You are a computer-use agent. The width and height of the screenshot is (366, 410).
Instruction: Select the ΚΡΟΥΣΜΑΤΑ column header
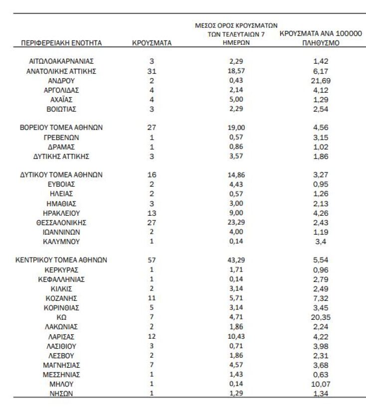coord(152,43)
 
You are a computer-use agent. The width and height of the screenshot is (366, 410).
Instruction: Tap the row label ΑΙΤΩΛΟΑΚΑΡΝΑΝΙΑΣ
coord(61,61)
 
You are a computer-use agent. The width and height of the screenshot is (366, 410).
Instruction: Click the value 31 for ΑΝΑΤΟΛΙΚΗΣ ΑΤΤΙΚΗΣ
coord(152,71)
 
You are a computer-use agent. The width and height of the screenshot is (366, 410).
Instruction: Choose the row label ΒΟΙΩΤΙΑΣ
coord(61,109)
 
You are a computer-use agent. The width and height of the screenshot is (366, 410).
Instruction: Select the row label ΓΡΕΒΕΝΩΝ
coord(61,137)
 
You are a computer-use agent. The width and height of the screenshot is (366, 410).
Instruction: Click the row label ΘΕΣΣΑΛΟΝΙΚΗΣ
coord(61,222)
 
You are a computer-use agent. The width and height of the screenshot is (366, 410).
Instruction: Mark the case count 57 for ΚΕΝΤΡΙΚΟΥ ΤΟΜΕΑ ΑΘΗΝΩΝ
coord(152,260)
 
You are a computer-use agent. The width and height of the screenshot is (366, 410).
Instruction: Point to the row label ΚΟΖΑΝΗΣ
coord(61,298)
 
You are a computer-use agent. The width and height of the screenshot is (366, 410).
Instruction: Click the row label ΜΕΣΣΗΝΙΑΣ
coord(61,374)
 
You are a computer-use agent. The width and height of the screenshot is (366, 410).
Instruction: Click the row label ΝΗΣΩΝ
coord(61,393)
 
